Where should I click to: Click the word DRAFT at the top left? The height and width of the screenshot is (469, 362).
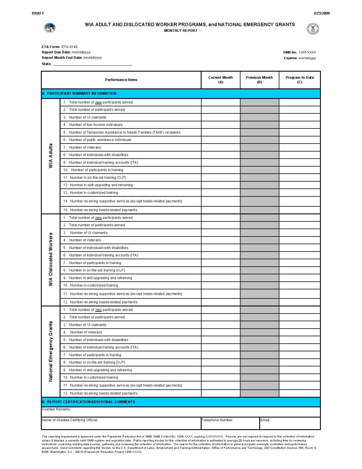[x=38, y=13]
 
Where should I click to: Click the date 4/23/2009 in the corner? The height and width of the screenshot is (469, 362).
[x=322, y=13]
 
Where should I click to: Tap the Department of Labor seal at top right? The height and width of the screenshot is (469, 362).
[x=313, y=29]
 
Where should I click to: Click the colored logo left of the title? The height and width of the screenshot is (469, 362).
[x=50, y=28]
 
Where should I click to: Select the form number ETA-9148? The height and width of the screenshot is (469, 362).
[x=69, y=47]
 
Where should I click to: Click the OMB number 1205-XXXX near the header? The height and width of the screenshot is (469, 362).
[x=307, y=52]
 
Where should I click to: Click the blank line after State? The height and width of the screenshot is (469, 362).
[x=93, y=64]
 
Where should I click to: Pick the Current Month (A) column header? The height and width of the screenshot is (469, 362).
[x=221, y=80]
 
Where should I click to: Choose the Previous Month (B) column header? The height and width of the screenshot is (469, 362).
[x=259, y=80]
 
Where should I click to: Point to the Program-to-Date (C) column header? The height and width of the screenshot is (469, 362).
[x=300, y=80]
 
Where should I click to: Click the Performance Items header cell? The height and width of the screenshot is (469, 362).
[x=121, y=80]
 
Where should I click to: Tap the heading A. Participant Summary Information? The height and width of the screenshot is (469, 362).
[x=79, y=94]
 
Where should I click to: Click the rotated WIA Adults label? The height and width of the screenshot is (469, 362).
[x=51, y=156]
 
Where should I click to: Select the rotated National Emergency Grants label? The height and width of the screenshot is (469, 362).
[x=51, y=351]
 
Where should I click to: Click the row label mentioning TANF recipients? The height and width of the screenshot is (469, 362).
[x=125, y=132]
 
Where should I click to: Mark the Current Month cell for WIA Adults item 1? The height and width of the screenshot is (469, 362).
[x=221, y=102]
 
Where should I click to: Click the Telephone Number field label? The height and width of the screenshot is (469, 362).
[x=217, y=420]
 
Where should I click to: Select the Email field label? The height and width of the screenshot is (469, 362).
[x=265, y=420]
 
